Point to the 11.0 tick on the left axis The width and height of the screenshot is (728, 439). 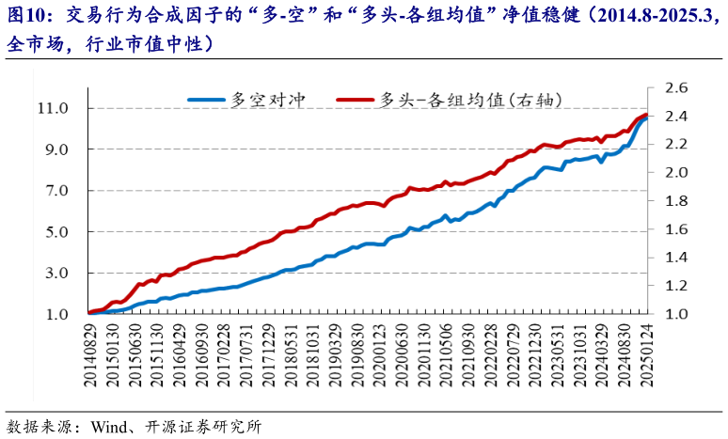(x=53, y=108)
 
